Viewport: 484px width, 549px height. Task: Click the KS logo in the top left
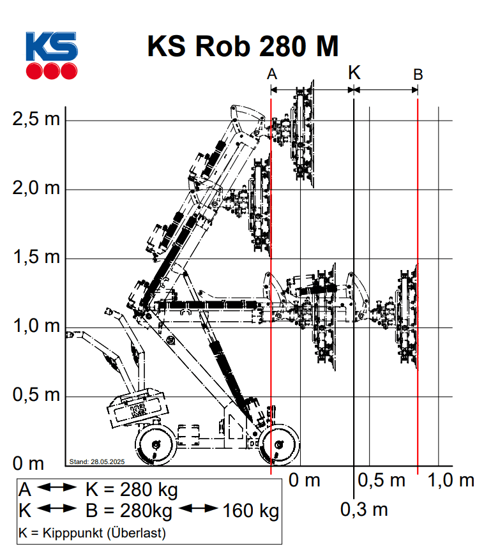point(52,56)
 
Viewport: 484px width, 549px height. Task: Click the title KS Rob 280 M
point(243,46)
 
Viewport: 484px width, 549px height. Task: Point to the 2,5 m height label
point(36,119)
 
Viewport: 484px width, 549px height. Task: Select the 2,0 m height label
point(36,188)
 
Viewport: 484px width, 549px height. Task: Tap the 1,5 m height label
point(36,257)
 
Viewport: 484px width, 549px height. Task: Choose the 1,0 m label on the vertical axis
point(36,326)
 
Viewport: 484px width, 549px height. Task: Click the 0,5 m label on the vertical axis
point(36,395)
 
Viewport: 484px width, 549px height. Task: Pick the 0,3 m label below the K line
point(364,510)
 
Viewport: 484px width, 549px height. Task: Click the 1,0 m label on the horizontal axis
point(451,480)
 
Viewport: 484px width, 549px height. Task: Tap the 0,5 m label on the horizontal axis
point(381,480)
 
